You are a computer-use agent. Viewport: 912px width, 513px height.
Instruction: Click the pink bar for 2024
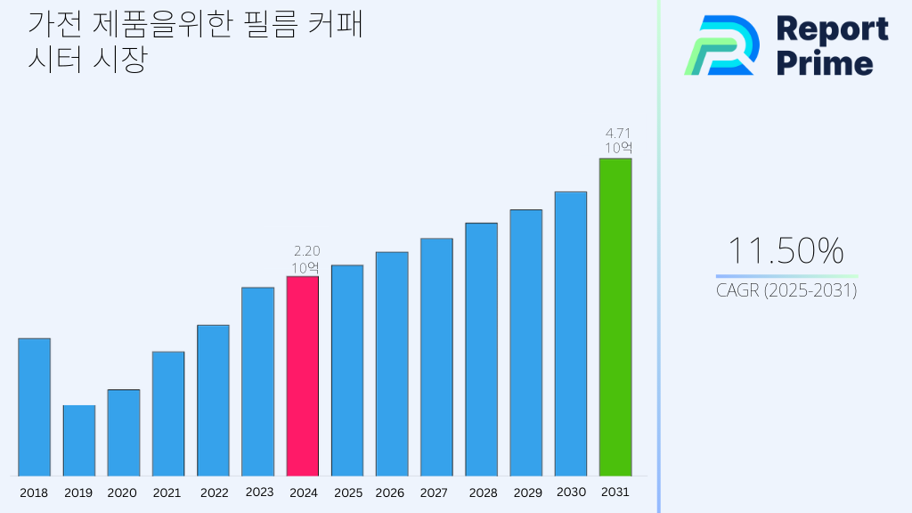tap(302, 376)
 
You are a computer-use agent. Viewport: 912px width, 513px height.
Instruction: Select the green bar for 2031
tap(615, 317)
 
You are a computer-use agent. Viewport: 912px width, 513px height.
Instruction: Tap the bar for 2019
tap(78, 441)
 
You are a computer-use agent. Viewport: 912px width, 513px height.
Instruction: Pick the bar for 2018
tap(34, 407)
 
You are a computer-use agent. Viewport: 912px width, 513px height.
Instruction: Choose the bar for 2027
tap(436, 357)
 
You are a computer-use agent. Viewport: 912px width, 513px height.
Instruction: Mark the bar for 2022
tap(213, 400)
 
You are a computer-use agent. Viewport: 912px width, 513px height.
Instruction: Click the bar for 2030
tap(570, 333)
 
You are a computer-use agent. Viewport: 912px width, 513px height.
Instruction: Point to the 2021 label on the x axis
tap(167, 493)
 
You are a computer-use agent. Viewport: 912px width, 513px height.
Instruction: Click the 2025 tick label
tap(347, 493)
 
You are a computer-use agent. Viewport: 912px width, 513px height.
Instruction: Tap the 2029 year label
tap(526, 493)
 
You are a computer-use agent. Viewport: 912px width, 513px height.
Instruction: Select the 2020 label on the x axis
tap(122, 493)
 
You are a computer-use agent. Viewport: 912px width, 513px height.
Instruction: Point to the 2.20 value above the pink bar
tap(305, 251)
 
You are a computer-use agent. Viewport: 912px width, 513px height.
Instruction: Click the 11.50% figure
tap(786, 251)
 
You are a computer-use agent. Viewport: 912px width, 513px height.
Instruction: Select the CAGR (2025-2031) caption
tap(786, 290)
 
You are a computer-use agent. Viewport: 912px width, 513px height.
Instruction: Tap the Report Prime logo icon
tap(721, 45)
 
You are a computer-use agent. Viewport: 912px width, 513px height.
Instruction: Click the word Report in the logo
tap(832, 28)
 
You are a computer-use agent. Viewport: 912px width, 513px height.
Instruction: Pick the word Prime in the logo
tap(825, 63)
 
